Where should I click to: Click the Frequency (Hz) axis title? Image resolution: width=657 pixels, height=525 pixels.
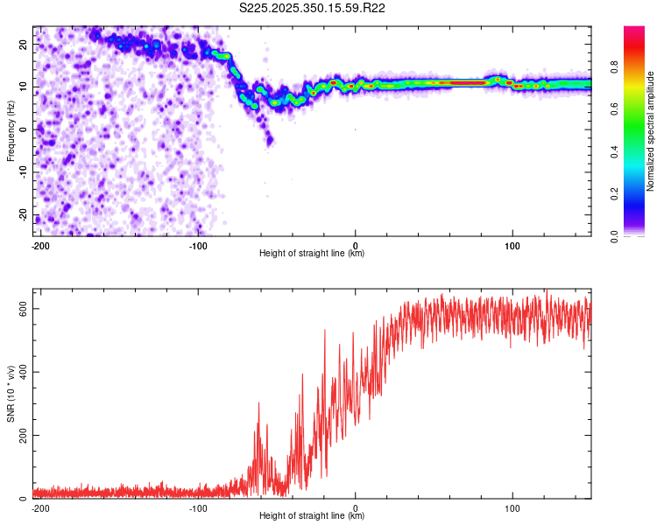pos(11,129)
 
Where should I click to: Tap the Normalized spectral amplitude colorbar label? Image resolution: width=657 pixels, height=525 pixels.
pos(651,131)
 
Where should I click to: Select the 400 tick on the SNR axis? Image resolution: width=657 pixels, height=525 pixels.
pos(21,372)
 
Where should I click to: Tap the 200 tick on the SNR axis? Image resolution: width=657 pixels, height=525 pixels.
pos(21,435)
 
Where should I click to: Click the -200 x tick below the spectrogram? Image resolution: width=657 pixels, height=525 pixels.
pos(39,244)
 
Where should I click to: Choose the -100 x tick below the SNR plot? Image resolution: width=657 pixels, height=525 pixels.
pos(198,507)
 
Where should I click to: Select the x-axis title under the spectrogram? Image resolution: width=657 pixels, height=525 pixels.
pos(312,253)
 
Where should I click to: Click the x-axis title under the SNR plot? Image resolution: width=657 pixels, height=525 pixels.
pos(312,516)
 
